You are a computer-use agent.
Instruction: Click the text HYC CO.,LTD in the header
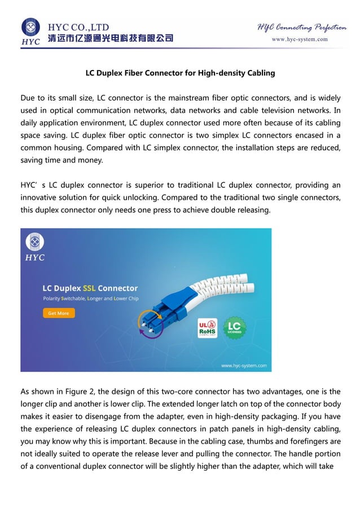pos(78,27)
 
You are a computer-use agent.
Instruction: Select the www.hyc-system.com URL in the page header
pos(300,40)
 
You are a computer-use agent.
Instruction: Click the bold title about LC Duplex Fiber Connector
pos(180,73)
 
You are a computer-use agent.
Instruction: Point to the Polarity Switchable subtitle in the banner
pos(90,299)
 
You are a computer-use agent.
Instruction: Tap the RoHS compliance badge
pos(207,328)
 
